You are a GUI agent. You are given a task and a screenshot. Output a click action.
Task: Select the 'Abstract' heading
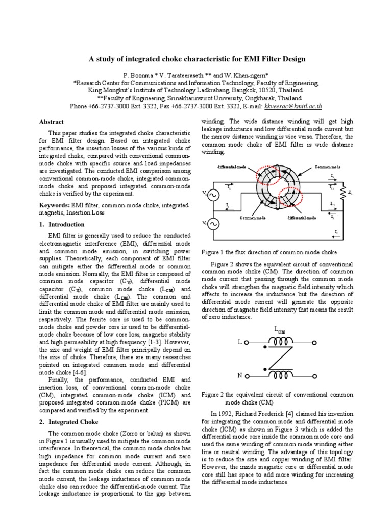52,122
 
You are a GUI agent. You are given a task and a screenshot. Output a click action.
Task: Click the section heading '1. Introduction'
62,224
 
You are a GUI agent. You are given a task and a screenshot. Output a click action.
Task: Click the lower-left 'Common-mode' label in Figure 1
253,218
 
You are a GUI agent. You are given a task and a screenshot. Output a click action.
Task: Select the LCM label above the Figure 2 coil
280,330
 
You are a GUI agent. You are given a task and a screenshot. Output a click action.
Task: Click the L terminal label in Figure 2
239,342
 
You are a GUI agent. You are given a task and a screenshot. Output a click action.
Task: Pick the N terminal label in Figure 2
239,376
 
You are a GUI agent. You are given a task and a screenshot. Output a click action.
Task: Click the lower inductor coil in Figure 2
280,375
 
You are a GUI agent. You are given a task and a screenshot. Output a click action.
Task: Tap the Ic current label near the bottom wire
336,232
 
